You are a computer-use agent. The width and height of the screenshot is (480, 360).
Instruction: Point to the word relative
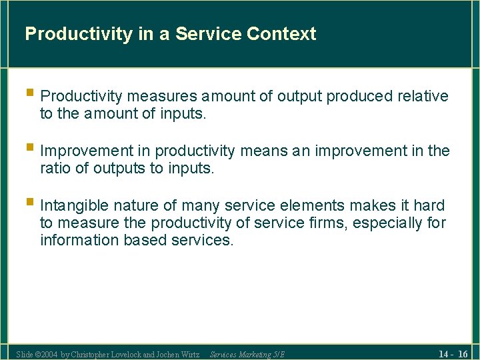click(x=423, y=97)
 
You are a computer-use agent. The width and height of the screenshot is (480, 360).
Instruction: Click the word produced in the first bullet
click(x=361, y=97)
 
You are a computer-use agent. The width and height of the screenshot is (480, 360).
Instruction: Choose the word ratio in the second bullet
click(x=55, y=169)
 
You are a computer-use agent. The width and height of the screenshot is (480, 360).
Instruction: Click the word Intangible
click(x=74, y=205)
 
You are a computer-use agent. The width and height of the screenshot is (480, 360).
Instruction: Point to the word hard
click(x=428, y=205)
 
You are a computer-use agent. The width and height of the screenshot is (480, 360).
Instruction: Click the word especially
click(x=387, y=223)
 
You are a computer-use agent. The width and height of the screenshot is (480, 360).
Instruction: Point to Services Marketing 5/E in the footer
click(x=247, y=354)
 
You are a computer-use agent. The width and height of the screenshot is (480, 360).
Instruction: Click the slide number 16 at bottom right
click(x=462, y=353)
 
